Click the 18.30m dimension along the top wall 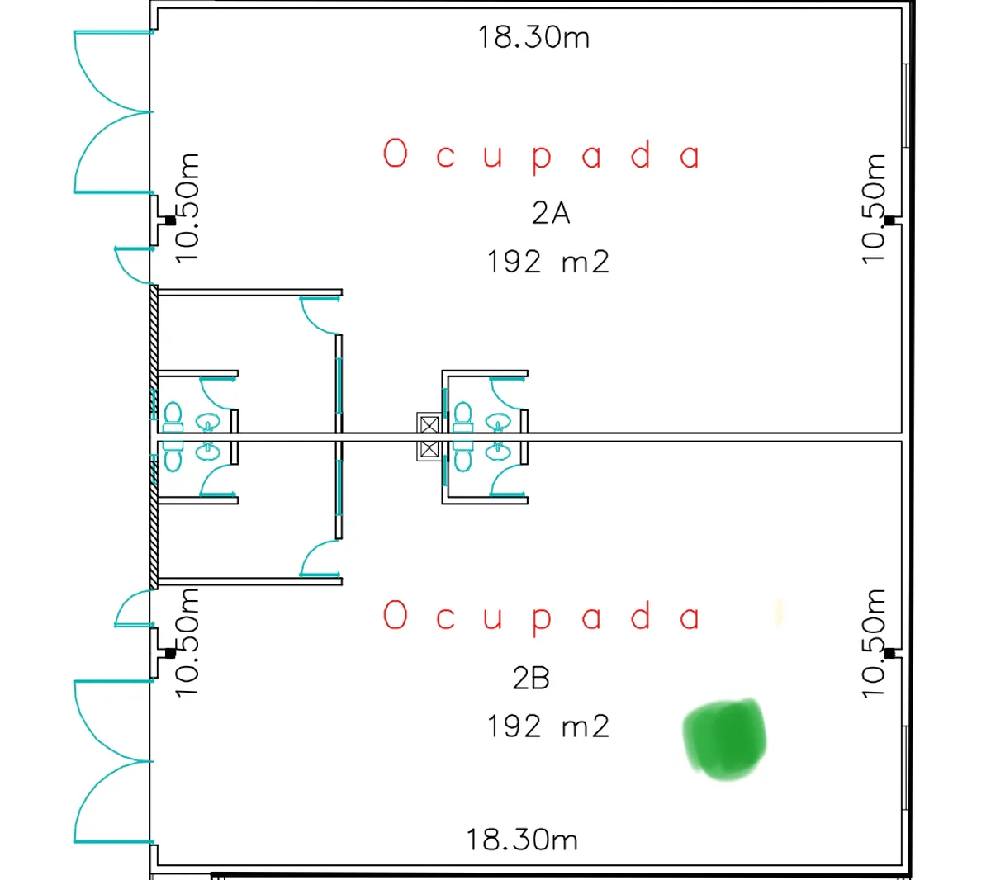pyautogui.click(x=533, y=37)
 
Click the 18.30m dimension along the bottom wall pyautogui.click(x=522, y=840)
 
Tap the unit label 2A pyautogui.click(x=551, y=213)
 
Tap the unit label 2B pyautogui.click(x=531, y=678)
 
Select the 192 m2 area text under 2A pyautogui.click(x=548, y=262)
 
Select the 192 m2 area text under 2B pyautogui.click(x=548, y=726)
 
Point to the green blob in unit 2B pyautogui.click(x=724, y=739)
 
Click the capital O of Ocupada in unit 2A pyautogui.click(x=396, y=153)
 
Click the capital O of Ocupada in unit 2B pyautogui.click(x=396, y=614)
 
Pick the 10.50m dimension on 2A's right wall pyautogui.click(x=873, y=209)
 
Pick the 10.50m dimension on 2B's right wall pyautogui.click(x=873, y=643)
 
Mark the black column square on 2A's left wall pyautogui.click(x=170, y=220)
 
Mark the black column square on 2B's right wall pyautogui.click(x=889, y=653)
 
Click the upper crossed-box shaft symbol pyautogui.click(x=429, y=425)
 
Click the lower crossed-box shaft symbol pyautogui.click(x=429, y=449)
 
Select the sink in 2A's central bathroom pyautogui.click(x=498, y=422)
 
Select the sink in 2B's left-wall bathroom pyautogui.click(x=208, y=452)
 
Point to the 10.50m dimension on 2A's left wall pyautogui.click(x=187, y=208)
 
